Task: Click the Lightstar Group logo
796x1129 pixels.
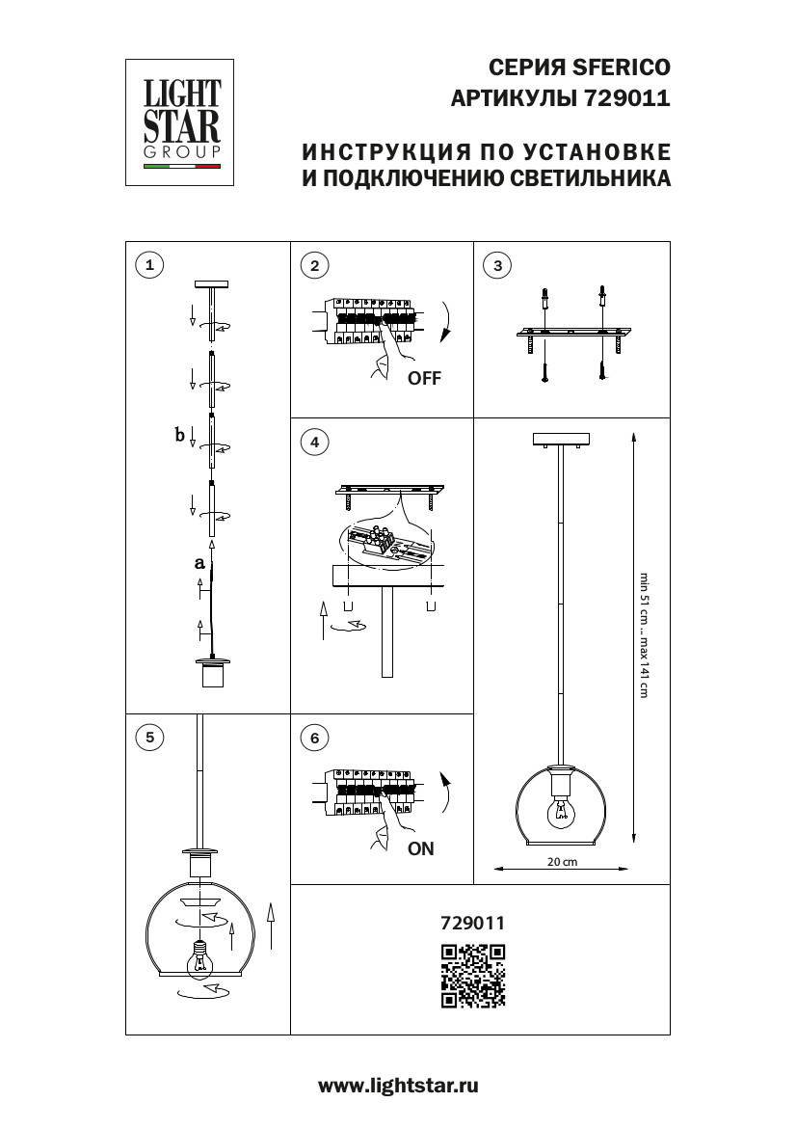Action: (x=182, y=121)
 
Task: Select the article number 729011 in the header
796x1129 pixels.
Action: (x=626, y=97)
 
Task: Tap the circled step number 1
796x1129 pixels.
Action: (x=148, y=266)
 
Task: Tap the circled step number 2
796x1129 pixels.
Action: (x=314, y=266)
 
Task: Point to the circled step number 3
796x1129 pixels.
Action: (x=496, y=266)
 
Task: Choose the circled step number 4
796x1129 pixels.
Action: (x=314, y=443)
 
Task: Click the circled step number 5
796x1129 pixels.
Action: (x=148, y=739)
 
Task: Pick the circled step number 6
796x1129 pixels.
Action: (x=314, y=739)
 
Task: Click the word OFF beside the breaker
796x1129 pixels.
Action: (x=424, y=379)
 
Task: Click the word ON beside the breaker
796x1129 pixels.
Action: (x=421, y=849)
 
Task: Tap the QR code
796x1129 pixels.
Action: (x=473, y=976)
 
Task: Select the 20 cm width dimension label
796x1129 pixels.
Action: (x=562, y=862)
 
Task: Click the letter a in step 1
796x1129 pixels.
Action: (x=199, y=562)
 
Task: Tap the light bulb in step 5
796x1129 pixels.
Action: (x=199, y=959)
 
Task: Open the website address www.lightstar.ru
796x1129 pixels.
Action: (x=398, y=1086)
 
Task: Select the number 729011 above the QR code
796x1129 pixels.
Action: (x=472, y=922)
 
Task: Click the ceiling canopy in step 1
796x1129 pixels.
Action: (x=211, y=283)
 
